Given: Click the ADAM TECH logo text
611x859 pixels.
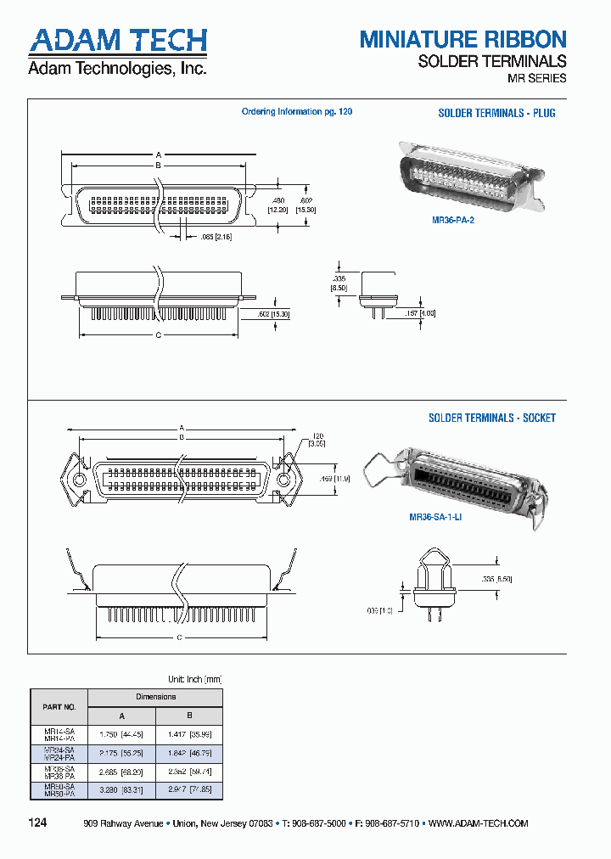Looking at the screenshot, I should (118, 40).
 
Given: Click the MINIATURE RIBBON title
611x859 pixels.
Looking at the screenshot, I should (462, 39).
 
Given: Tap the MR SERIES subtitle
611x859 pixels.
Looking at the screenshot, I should (536, 78).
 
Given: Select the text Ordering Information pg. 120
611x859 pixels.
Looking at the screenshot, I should (296, 112).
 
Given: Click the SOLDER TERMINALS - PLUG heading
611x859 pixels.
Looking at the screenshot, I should (496, 113).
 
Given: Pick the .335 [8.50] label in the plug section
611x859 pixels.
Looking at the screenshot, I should (339, 283).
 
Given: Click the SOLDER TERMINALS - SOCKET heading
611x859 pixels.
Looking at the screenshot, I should (491, 418).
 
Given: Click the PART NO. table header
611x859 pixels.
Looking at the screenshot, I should (59, 705).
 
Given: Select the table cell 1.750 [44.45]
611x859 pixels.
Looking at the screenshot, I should (121, 734).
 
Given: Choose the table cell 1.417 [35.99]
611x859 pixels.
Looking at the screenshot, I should (189, 734).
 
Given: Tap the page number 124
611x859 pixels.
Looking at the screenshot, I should (38, 823).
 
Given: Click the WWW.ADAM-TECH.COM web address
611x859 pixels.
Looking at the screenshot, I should (479, 823).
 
